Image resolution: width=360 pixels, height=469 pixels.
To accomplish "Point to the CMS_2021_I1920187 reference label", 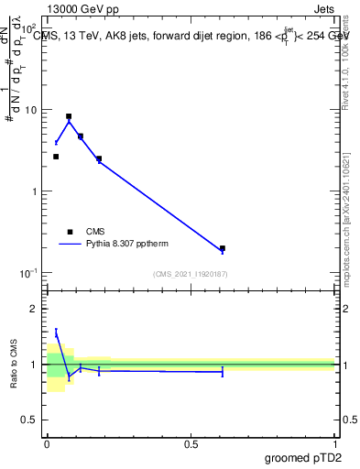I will coord(191,274).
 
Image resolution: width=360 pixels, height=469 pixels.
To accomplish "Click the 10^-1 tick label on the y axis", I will coord(30,273).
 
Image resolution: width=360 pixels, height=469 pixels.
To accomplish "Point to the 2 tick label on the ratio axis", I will coord(35,309).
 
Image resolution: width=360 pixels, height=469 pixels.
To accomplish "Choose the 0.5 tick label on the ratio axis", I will coord(31,421).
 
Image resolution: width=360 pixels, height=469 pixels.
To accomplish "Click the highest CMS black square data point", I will coord(69,116).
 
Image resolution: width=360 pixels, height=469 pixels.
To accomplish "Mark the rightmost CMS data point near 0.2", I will coord(223,248).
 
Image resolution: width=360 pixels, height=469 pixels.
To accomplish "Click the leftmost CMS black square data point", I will coord(56,157).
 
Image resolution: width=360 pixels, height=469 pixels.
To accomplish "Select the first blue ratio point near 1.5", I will coord(56,334).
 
